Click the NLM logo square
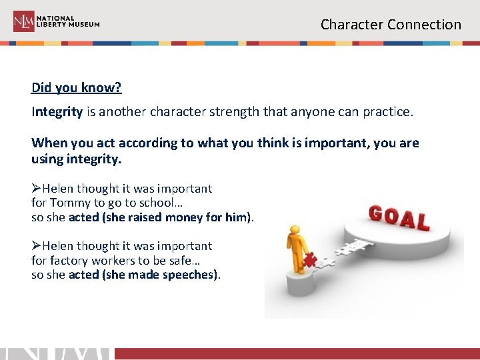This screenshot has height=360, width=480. click(24, 21)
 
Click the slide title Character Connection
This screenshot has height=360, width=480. click(391, 25)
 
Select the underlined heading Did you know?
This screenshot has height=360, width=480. click(77, 88)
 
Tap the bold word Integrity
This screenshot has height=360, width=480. click(57, 112)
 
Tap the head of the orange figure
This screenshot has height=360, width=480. click(294, 231)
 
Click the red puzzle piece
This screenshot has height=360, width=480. click(309, 261)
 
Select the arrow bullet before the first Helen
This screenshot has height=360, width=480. click(36, 189)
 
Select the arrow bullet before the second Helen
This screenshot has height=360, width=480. click(36, 246)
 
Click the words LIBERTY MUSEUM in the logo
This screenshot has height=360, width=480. click(68, 25)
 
